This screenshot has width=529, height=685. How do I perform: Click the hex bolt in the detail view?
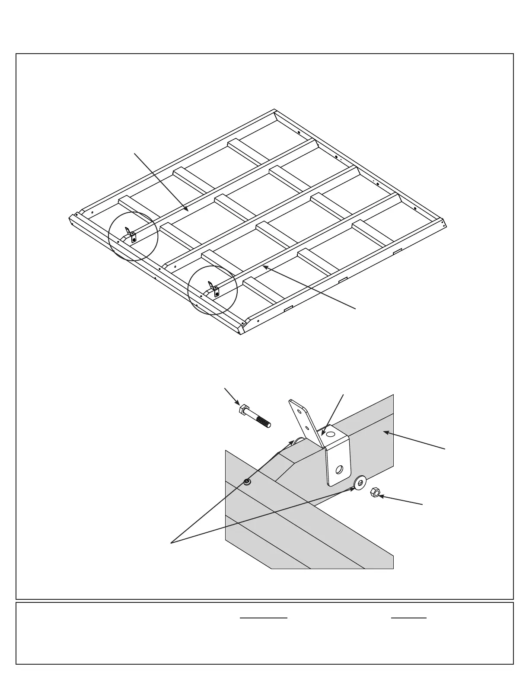pos(255,416)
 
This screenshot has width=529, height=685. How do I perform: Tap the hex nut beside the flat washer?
pos(376,492)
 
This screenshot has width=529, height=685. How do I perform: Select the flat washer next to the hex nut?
pos(360,482)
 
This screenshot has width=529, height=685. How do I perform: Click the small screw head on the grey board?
pos(247,482)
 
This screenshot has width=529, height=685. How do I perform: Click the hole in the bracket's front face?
pos(339,469)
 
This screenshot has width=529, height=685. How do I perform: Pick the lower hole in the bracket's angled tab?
pos(307,427)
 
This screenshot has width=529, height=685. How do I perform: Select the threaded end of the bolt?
pos(264,421)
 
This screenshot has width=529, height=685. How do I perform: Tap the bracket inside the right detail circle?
pos(214,289)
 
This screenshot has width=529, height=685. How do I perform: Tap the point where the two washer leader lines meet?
pos(172,542)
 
